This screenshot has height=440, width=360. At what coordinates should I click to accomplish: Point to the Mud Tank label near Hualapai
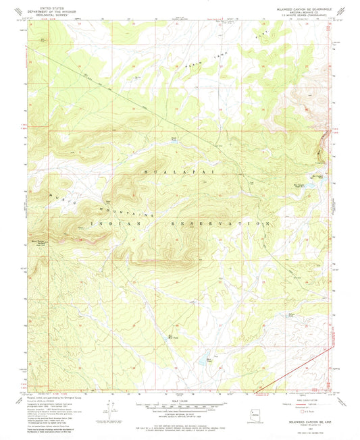pyautogui.click(x=174, y=140)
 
